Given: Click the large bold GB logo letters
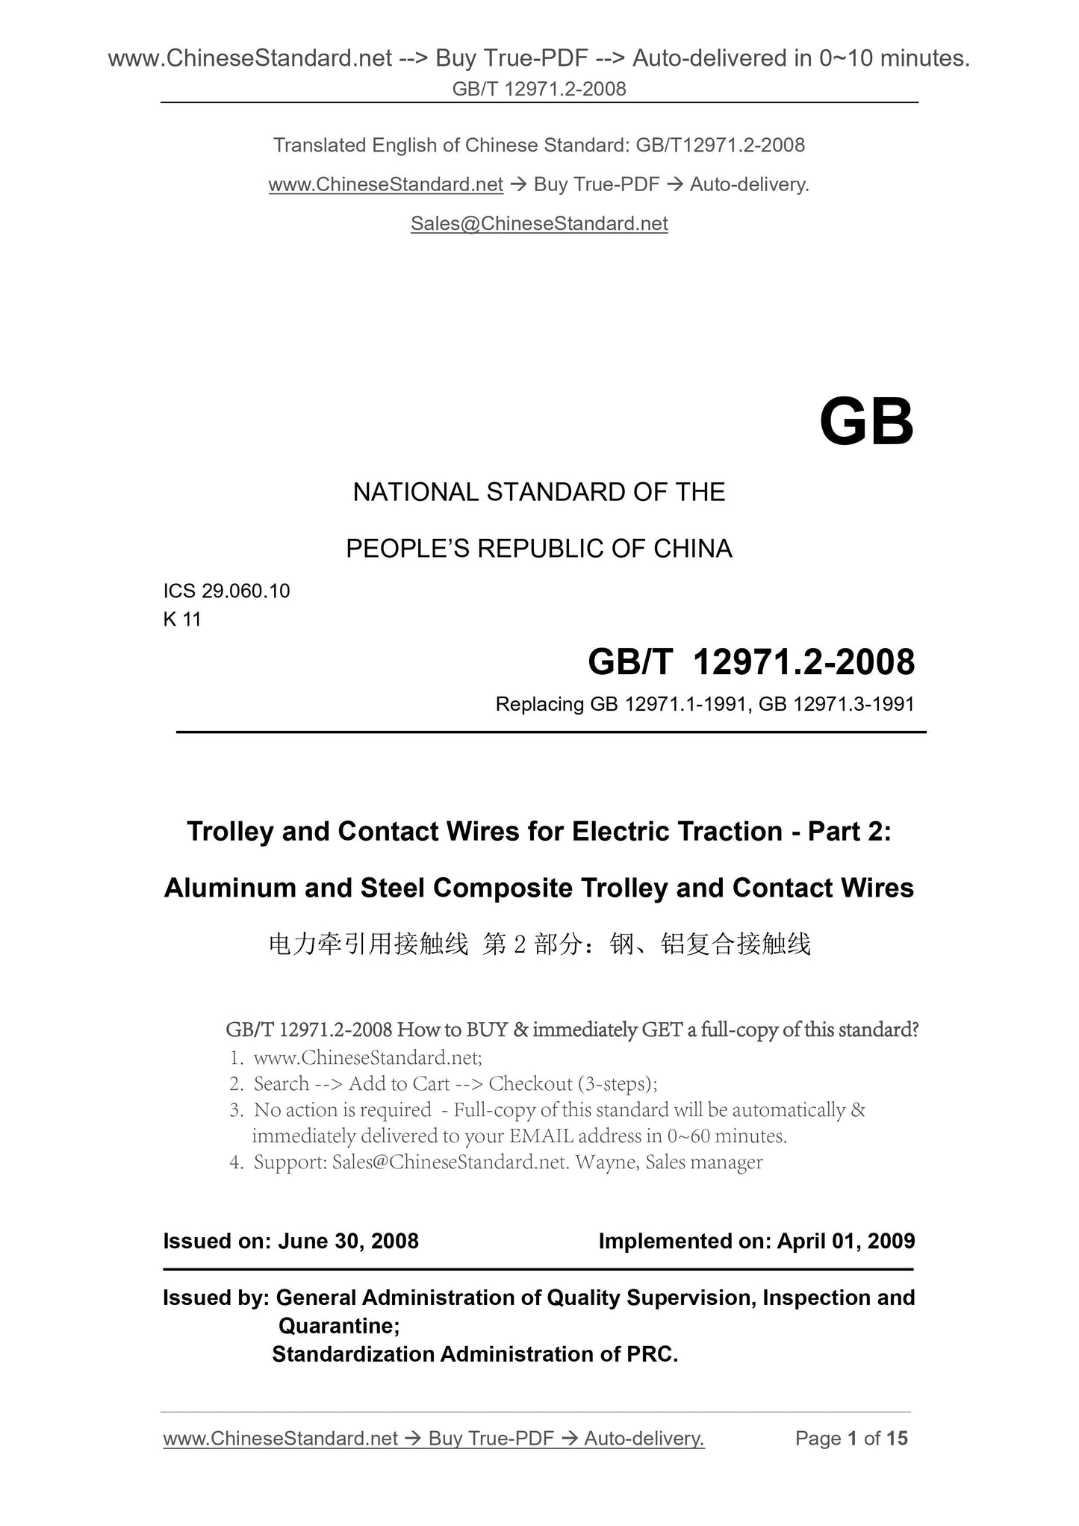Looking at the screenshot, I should coord(866,423).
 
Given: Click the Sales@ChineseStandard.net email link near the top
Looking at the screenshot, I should coord(539,223).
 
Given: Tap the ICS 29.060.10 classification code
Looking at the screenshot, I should coord(226,591).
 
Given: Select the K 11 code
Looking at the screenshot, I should coord(182,619).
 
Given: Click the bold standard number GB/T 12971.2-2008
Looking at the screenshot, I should coord(751,662).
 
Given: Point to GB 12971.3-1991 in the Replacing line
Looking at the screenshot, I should coord(836,704).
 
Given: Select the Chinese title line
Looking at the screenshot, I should coord(539,944).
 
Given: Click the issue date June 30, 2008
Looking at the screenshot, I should coord(348,1241).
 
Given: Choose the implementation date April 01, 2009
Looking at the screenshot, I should coord(845,1241).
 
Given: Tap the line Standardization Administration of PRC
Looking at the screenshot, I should coord(475,1354).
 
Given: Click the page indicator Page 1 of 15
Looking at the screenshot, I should coord(851,1438).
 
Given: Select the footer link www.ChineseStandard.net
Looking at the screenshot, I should coord(280,1438).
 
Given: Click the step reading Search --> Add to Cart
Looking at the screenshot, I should coord(351,1083).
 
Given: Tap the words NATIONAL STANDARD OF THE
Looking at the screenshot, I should coord(539,492).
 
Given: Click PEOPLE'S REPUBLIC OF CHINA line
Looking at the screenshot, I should coord(539,549).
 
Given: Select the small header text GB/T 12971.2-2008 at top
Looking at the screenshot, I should coord(539,89).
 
